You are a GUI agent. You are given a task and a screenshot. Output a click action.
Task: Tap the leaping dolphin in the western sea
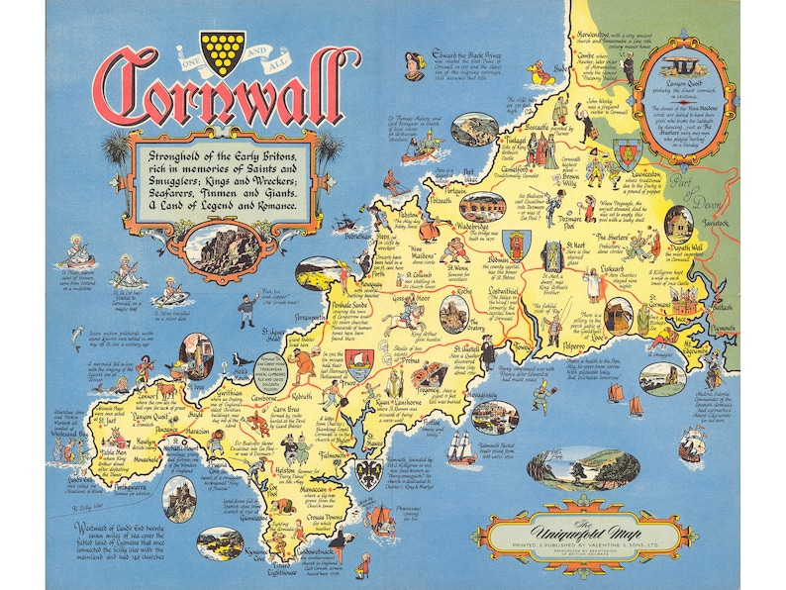76,339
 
